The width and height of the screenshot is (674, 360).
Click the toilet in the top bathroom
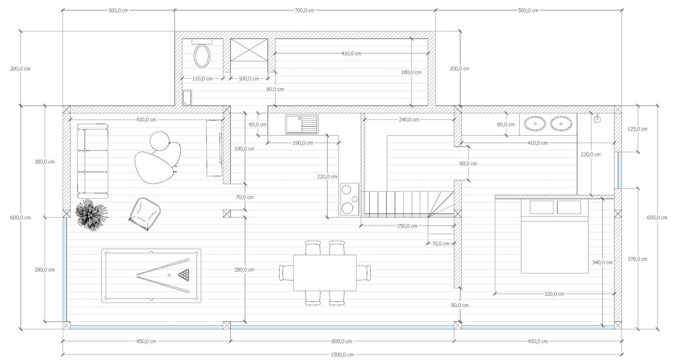(202, 56)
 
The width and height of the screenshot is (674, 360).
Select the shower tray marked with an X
(249, 55)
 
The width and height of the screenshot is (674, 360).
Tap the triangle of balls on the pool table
(184, 274)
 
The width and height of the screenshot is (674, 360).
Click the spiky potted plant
(91, 215)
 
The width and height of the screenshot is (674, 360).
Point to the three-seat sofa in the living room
(92, 161)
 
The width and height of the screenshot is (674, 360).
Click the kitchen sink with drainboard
(301, 124)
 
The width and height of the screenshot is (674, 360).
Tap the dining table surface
(325, 273)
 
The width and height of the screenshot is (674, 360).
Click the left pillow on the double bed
(541, 207)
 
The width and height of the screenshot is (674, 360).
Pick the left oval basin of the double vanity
(534, 123)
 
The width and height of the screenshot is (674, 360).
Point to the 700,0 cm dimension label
(304, 10)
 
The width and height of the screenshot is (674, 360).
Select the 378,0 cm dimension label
(637, 259)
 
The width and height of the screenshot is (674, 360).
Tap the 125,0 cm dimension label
(637, 129)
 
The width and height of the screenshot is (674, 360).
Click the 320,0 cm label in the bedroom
(554, 294)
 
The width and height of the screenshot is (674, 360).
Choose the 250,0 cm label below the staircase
(407, 226)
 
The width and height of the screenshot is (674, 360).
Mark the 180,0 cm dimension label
(411, 72)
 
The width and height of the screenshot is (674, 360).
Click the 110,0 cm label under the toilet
(202, 79)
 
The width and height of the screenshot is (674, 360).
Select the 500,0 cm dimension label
(528, 10)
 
